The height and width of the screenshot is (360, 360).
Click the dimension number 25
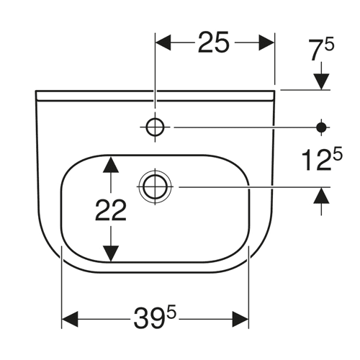click(213, 42)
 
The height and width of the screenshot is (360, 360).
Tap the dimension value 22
click(111, 211)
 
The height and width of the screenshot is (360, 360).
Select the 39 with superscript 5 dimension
click(155, 317)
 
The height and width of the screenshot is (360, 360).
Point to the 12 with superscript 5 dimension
click(322, 159)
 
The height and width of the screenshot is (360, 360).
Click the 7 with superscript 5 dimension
click(322, 50)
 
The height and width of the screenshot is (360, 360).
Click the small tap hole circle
click(156, 127)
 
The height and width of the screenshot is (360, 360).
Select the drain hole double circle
click(155, 186)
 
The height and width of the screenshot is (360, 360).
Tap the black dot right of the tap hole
click(322, 127)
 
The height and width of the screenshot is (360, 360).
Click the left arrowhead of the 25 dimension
click(163, 42)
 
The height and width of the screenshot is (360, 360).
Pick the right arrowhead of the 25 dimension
click(266, 42)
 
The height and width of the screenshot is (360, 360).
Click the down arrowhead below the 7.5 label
click(322, 81)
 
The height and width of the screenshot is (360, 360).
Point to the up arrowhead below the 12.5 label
click(322, 196)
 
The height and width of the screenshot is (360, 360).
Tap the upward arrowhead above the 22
click(111, 165)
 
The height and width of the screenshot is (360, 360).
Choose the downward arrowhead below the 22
click(111, 253)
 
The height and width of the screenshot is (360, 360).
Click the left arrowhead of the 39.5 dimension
click(70, 320)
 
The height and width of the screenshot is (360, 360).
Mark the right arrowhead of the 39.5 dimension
click(240, 320)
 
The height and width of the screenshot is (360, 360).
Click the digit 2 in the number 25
click(205, 42)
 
